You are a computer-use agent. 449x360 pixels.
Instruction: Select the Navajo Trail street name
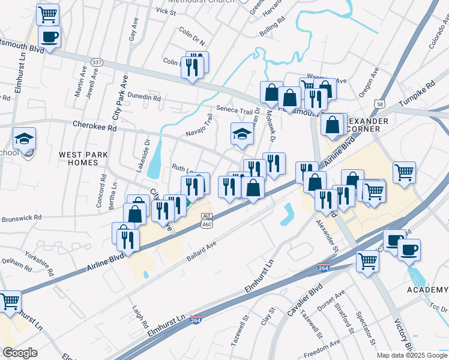point(200,126)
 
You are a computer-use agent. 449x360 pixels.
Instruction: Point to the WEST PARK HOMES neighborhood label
point(83,158)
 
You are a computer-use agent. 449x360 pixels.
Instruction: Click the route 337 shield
point(97,62)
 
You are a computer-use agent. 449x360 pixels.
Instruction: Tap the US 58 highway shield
point(379,104)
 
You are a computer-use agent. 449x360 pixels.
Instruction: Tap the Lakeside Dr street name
point(143,155)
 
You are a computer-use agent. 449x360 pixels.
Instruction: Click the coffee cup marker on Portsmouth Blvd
point(49,37)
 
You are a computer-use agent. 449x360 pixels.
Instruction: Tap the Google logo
point(19,352)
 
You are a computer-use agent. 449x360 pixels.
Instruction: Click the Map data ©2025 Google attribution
point(412,355)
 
